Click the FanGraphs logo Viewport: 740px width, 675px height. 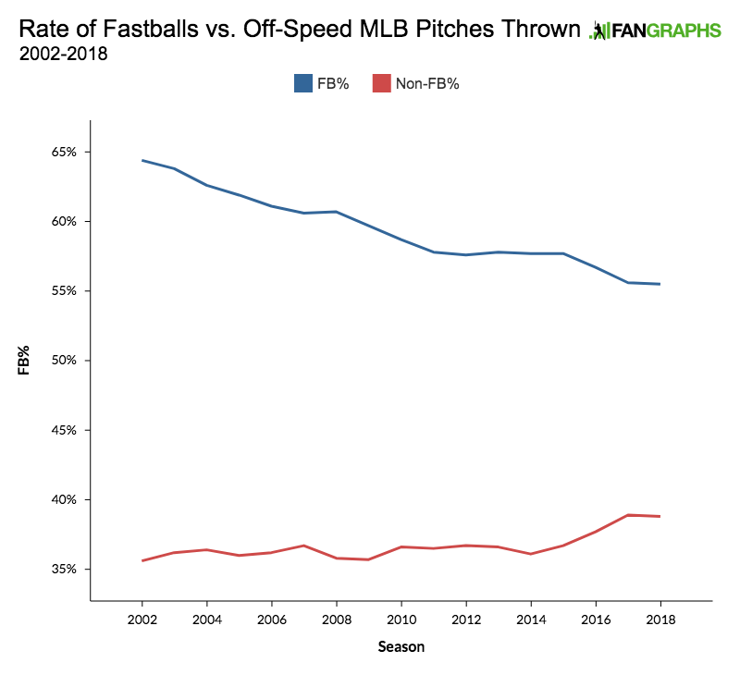pos(656,31)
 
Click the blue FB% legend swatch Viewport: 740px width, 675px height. pos(303,83)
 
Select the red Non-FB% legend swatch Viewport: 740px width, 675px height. pos(380,83)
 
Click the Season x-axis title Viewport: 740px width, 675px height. pos(401,647)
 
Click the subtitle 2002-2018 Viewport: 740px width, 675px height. pos(63,54)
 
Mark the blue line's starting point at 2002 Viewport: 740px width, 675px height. pos(142,160)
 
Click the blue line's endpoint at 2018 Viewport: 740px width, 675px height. pos(660,284)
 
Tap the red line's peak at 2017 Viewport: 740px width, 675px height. pos(627,515)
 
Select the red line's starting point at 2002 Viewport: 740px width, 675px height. pos(142,560)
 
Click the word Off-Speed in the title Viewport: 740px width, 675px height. pos(288,30)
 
